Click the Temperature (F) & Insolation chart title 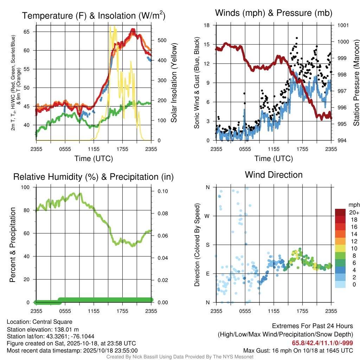[94, 16]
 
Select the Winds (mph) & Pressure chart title [274, 13]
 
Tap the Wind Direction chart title [274, 175]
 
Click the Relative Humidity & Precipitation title [94, 177]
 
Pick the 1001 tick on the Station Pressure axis [343, 25]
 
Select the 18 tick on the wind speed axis [207, 25]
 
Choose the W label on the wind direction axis [207, 216]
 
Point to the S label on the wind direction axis [207, 245]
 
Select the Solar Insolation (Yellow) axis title [174, 83]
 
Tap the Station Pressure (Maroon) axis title [356, 83]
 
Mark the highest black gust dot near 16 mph [297, 38]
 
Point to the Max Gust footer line [298, 351]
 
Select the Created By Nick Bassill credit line [180, 357]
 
